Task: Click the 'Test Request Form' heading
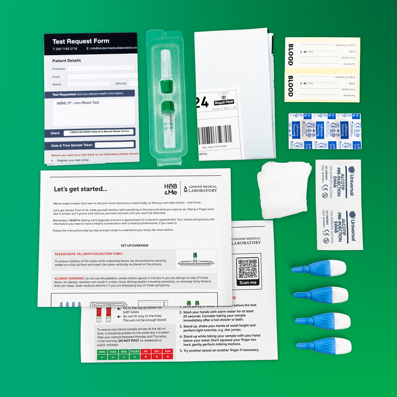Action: (81, 41)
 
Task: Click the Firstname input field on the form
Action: (100, 68)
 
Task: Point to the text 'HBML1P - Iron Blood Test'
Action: (78, 104)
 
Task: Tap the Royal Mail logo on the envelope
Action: (223, 102)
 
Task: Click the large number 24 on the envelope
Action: (202, 103)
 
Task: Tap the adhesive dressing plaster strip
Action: (323, 132)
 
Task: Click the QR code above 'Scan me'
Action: (248, 268)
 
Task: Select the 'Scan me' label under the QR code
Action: (248, 282)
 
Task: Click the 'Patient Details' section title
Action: (66, 60)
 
